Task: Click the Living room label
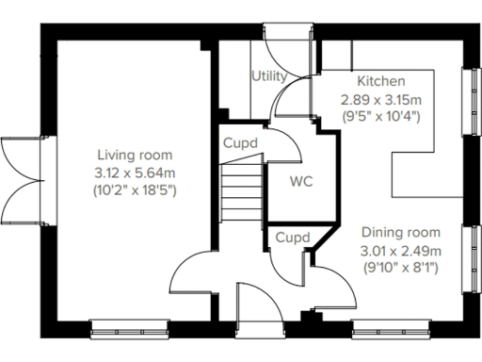click(x=134, y=156)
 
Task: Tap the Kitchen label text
click(x=380, y=81)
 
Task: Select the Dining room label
click(x=401, y=233)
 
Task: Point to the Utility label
click(x=268, y=75)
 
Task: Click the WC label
click(x=301, y=179)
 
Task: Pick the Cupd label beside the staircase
click(x=241, y=143)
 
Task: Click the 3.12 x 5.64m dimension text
click(x=134, y=173)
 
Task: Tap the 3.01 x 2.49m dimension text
click(x=401, y=250)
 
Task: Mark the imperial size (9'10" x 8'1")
click(x=401, y=268)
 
